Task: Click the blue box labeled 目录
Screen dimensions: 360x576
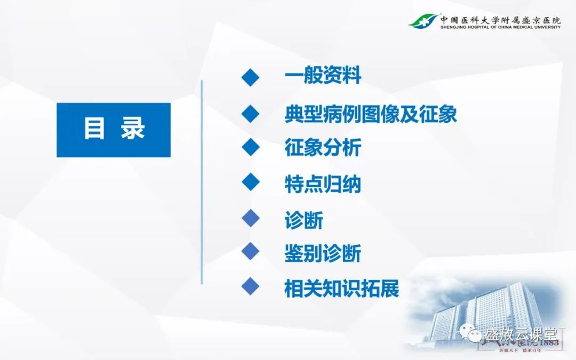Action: pyautogui.click(x=114, y=130)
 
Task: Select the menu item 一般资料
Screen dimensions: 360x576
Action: pyautogui.click(x=323, y=76)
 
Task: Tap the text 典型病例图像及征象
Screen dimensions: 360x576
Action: pyautogui.click(x=371, y=114)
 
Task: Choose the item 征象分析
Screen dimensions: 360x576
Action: pyautogui.click(x=323, y=148)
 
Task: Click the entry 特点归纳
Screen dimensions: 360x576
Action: pyautogui.click(x=323, y=184)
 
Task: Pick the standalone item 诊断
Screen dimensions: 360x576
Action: pyautogui.click(x=303, y=220)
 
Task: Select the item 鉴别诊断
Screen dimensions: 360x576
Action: pyautogui.click(x=323, y=253)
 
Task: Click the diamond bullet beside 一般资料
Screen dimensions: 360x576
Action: pyautogui.click(x=250, y=77)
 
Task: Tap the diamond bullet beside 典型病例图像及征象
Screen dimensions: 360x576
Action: pyautogui.click(x=250, y=113)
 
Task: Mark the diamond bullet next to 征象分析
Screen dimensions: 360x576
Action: pyautogui.click(x=250, y=147)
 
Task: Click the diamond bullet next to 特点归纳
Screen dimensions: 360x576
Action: pyautogui.click(x=250, y=182)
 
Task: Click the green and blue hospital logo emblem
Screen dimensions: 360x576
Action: pyautogui.click(x=423, y=21)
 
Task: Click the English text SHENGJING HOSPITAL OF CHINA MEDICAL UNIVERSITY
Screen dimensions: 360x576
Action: pyautogui.click(x=500, y=27)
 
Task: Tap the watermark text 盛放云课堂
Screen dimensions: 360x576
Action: pyautogui.click(x=521, y=334)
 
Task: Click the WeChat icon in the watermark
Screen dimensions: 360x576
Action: pyautogui.click(x=473, y=334)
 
